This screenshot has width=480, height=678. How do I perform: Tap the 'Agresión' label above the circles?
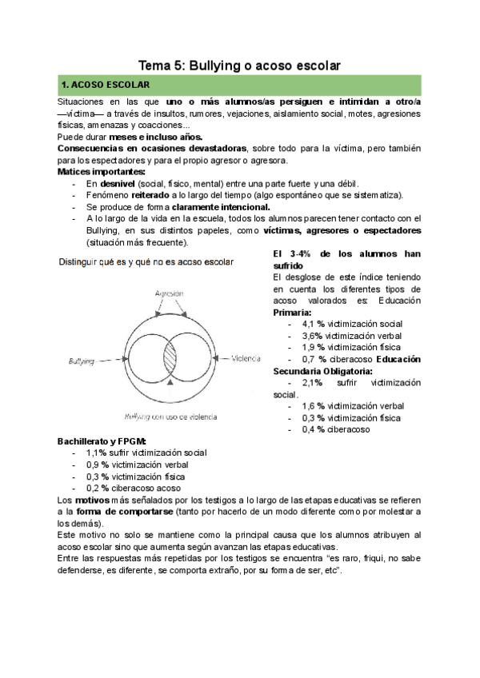[x=170, y=293]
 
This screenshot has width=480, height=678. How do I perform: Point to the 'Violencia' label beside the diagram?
[x=247, y=359]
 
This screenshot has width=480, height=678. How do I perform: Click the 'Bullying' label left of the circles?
[x=82, y=362]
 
